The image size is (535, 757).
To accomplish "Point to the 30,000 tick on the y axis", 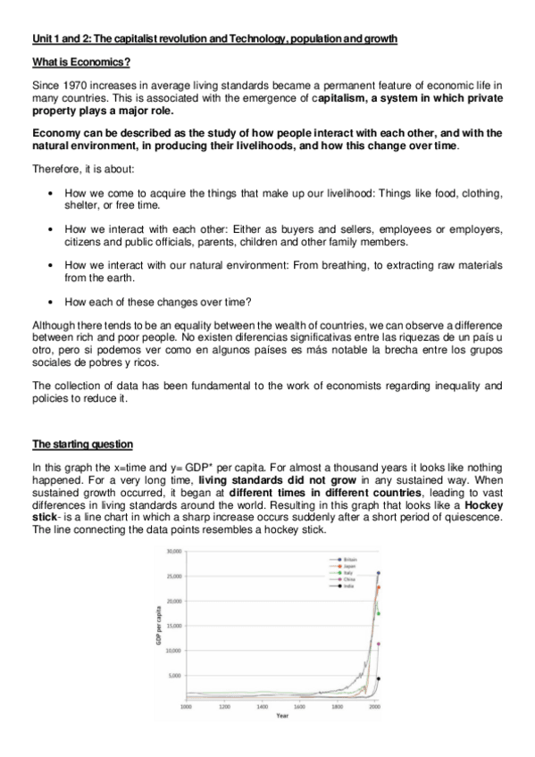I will click(x=174, y=553).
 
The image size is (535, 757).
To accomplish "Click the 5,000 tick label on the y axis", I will click(x=176, y=676).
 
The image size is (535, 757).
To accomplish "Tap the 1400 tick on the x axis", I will click(x=262, y=706).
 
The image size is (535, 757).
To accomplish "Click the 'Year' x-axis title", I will click(x=282, y=715).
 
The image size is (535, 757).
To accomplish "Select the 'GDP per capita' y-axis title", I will click(x=159, y=625).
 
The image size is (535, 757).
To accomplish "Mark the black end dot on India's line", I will click(x=379, y=678).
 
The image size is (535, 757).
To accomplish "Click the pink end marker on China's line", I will click(x=379, y=644).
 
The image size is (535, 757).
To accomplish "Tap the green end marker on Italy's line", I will click(x=379, y=613).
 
